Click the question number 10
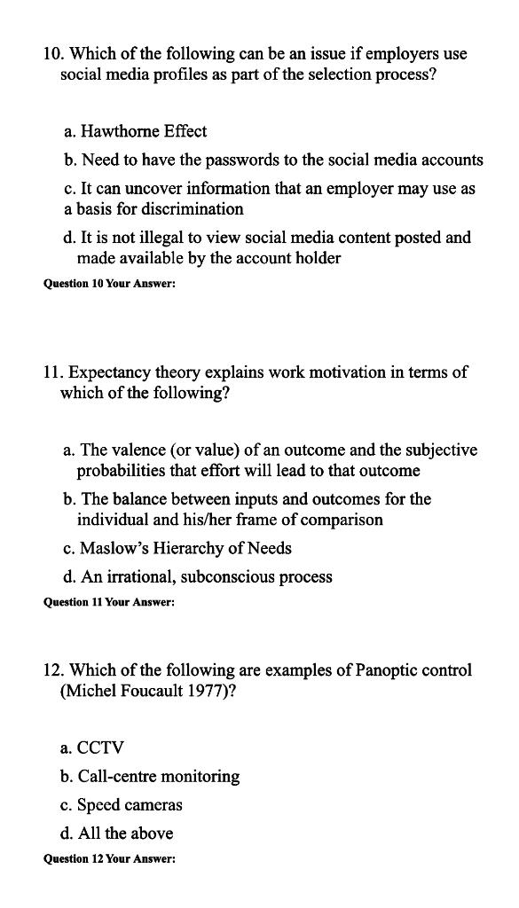point(52,54)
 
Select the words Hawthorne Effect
point(144,131)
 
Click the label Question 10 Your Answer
point(109,286)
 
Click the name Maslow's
point(114,548)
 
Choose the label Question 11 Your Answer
point(109,603)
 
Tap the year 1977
point(206,692)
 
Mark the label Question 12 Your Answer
point(109,860)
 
